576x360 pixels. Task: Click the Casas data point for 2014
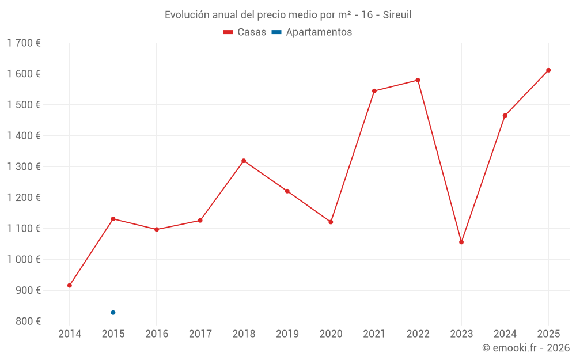tap(70, 286)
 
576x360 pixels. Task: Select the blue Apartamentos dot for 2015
tap(113, 313)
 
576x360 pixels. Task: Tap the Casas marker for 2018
tap(244, 161)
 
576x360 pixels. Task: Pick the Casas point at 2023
tap(461, 242)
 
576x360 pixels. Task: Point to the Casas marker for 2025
tap(548, 70)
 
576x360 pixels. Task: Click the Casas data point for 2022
tap(418, 80)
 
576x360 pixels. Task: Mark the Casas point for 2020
tap(331, 222)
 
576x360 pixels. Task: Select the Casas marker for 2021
tap(374, 91)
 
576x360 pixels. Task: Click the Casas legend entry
tap(245, 32)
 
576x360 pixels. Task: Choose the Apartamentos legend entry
tap(312, 32)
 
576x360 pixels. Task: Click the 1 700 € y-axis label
tap(24, 43)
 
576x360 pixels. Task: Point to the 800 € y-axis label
tap(27, 321)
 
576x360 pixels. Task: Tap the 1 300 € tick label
tap(24, 166)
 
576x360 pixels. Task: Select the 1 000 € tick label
tap(24, 259)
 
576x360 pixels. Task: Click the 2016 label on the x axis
tap(157, 334)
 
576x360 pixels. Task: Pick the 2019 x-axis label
tap(287, 334)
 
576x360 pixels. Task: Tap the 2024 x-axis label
tap(505, 334)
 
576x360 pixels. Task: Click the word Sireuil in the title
tap(397, 15)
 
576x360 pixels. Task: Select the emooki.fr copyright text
tap(526, 348)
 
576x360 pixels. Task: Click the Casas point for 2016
tap(157, 229)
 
